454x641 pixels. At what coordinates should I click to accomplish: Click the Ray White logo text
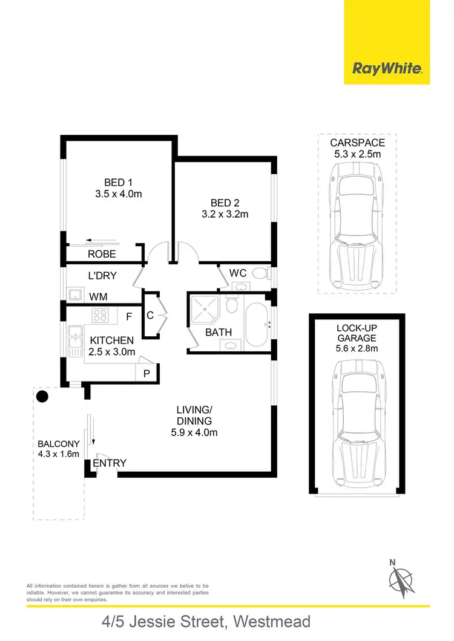(387, 68)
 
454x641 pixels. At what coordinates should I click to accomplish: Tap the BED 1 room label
(119, 182)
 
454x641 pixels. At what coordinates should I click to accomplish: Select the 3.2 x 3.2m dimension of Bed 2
(225, 213)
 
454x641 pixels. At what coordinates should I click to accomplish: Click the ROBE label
(102, 255)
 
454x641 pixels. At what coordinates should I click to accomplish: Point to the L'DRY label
(102, 276)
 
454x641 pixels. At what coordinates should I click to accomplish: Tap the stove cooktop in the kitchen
(100, 315)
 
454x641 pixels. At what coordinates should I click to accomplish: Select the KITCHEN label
(112, 341)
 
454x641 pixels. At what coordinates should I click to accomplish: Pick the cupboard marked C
(150, 314)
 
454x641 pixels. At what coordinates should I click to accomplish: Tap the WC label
(237, 273)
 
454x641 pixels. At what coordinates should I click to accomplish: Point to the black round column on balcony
(42, 397)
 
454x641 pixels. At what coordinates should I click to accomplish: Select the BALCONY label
(58, 443)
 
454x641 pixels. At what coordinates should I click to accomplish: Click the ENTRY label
(110, 463)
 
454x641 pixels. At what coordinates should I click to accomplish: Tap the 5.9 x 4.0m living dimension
(193, 432)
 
